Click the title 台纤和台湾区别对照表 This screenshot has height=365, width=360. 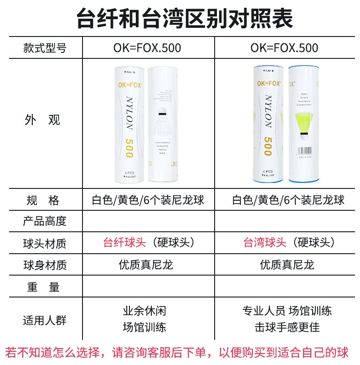click(180, 18)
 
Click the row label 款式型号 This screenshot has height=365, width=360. click(45, 48)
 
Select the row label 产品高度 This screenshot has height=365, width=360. click(45, 221)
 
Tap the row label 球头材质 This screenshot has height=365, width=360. click(45, 243)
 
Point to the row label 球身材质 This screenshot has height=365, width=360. click(45, 265)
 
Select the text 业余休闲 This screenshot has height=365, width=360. click(144, 312)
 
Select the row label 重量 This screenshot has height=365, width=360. click(45, 287)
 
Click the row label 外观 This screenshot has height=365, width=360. click(45, 120)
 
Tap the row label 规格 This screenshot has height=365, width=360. click(45, 200)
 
